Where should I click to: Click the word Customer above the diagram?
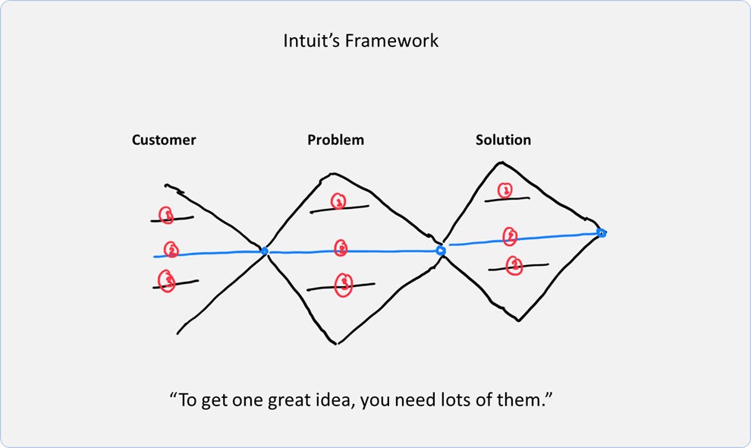(164, 140)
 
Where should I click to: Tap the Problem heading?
(335, 140)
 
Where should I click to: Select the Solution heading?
(503, 140)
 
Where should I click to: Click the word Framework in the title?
(391, 40)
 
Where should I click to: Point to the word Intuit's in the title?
(312, 40)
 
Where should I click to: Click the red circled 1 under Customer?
(167, 216)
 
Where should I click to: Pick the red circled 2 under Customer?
(172, 249)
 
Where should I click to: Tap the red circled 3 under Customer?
(167, 281)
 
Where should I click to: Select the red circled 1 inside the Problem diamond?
(338, 201)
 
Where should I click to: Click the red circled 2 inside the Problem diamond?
(341, 248)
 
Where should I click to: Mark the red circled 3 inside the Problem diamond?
(344, 284)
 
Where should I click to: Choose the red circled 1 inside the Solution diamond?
(504, 190)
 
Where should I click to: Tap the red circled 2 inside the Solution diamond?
(511, 237)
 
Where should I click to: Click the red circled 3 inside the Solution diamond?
(514, 265)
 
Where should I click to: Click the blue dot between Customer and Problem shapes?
(264, 251)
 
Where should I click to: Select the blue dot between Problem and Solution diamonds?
(440, 250)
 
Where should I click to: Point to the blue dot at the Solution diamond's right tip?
(602, 233)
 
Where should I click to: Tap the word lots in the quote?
(442, 399)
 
